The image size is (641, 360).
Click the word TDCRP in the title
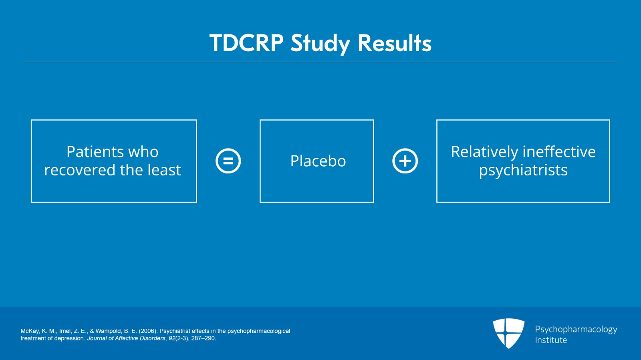(246, 43)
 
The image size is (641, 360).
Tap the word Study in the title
(320, 44)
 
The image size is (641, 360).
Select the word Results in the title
(395, 43)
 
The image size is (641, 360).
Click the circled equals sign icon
(228, 161)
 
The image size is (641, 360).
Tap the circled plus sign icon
(405, 161)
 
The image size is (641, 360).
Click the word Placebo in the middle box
(318, 161)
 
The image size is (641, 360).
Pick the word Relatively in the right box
(484, 151)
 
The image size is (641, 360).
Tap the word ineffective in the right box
(559, 151)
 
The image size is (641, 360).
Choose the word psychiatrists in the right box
(523, 171)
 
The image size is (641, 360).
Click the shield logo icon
(508, 333)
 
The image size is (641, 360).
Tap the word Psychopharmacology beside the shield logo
(576, 330)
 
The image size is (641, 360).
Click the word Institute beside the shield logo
(551, 340)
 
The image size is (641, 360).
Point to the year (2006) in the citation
(148, 331)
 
